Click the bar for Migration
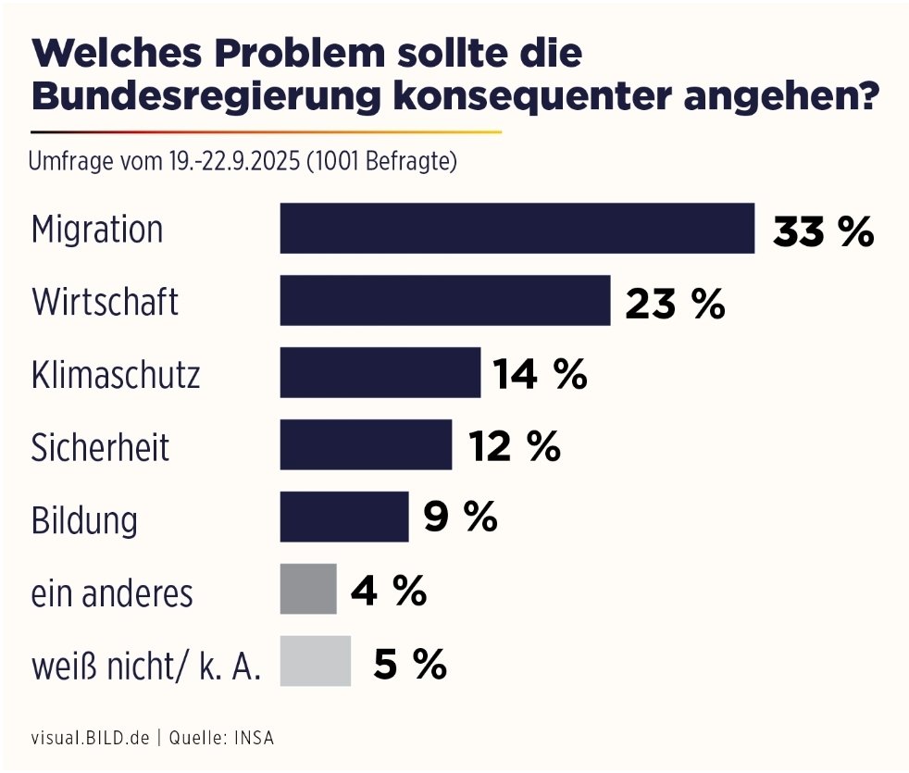517,228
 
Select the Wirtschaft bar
444,300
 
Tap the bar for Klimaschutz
380,372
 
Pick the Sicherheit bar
366,444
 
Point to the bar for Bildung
343,517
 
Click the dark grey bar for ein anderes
308,589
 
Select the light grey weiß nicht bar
315,661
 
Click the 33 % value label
823,232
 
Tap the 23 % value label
675,305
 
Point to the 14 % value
540,375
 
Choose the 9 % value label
460,518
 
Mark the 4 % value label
389,592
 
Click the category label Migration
97,230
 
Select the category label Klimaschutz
116,375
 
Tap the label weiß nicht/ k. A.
145,666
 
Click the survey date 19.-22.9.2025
235,162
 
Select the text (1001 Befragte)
382,162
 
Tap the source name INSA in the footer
253,738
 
